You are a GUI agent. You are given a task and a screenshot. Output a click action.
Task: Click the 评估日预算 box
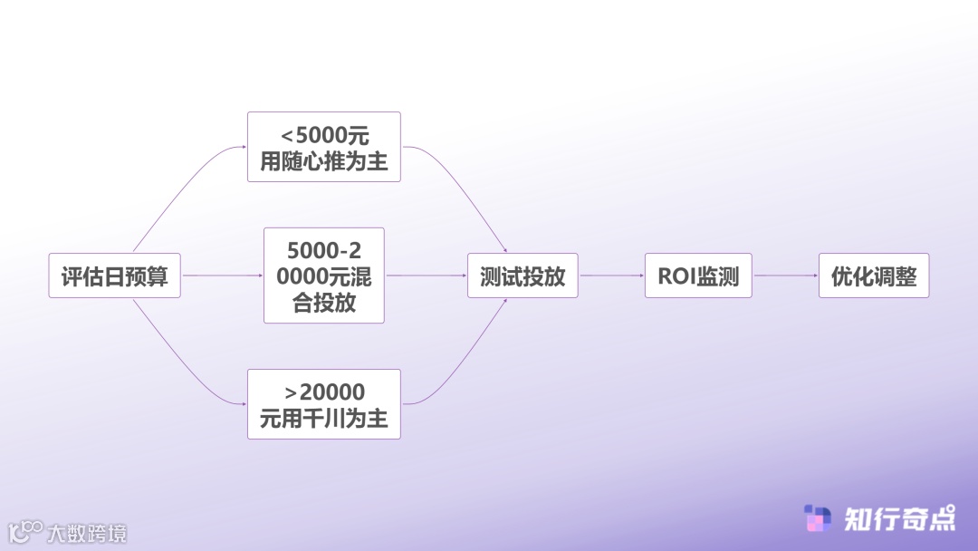[114, 275]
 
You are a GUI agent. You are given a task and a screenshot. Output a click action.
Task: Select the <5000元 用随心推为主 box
[323, 147]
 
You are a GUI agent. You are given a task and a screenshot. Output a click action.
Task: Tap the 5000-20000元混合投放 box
[323, 275]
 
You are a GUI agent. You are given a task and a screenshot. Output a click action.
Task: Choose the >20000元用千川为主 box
[323, 404]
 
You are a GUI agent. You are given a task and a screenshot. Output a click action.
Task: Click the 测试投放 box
[523, 275]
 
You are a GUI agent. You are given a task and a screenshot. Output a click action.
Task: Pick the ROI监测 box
[698, 275]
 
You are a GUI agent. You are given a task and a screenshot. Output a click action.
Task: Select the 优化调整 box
[874, 275]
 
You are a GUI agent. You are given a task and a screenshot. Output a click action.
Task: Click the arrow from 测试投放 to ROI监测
[611, 275]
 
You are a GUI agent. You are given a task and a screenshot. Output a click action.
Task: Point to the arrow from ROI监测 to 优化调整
[785, 275]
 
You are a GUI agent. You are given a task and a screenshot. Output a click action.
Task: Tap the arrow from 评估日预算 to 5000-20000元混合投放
[222, 275]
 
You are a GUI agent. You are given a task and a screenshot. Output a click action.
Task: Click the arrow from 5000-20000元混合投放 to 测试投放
[426, 275]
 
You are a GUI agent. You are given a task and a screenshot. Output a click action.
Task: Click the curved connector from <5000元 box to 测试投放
[462, 190]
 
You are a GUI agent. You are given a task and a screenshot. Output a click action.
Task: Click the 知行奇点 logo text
[899, 518]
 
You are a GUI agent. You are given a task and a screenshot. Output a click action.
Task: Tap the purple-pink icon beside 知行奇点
[818, 518]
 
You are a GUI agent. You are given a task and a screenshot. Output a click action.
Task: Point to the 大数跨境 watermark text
[87, 532]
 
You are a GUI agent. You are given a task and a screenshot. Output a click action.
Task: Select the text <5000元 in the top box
[324, 136]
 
